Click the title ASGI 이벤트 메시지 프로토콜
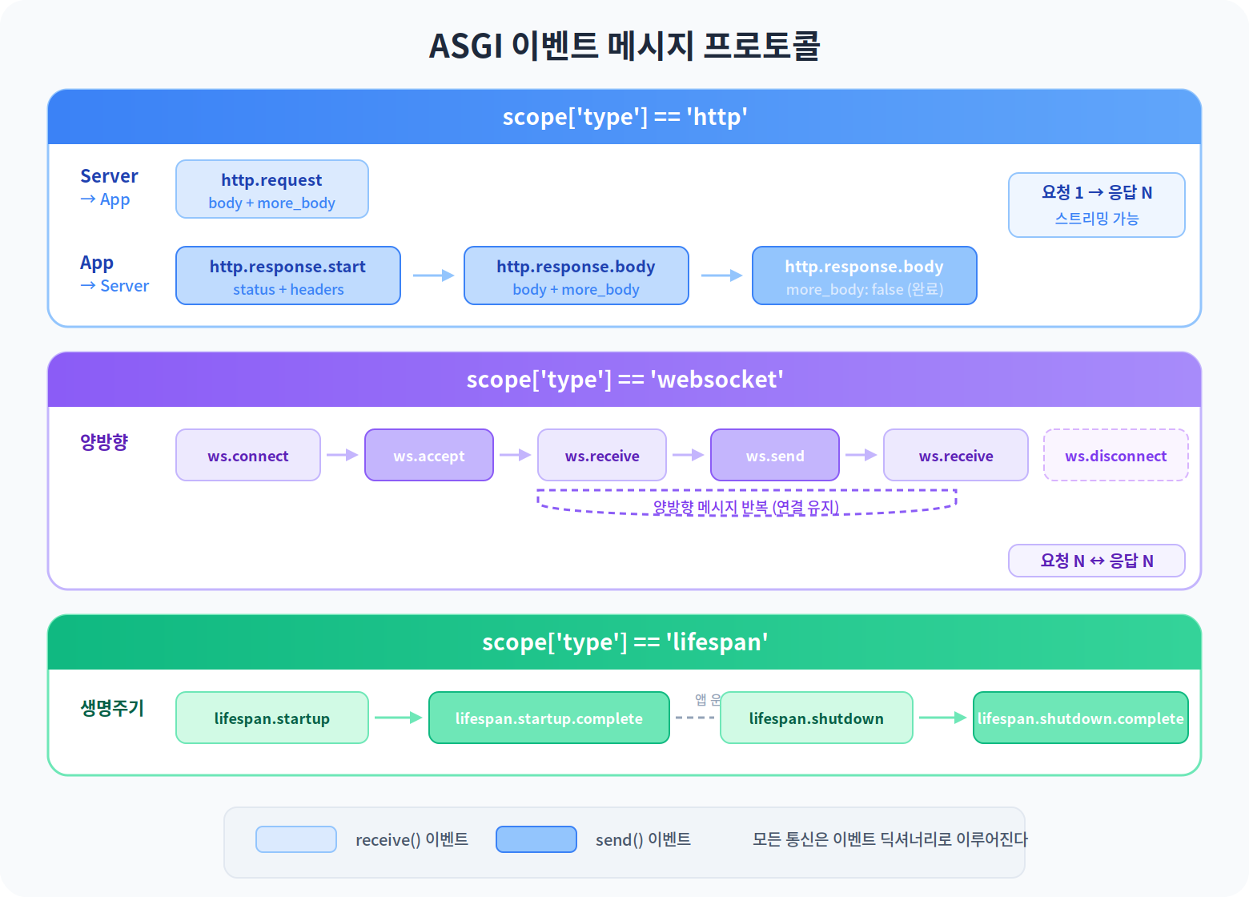tap(624, 46)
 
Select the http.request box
tap(272, 189)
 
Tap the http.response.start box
tap(288, 276)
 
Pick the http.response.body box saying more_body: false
tap(865, 276)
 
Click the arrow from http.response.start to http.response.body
tap(432, 276)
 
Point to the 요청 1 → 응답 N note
tap(1097, 205)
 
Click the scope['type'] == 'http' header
tap(624, 117)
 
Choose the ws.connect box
tap(248, 455)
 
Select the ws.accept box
tap(429, 455)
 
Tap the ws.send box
tap(775, 455)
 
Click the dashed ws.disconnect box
tap(1116, 455)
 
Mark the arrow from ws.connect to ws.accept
tap(342, 455)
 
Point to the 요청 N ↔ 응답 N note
tap(1097, 561)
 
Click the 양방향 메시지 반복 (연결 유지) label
tap(746, 507)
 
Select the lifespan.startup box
tap(272, 718)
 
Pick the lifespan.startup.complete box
tap(549, 718)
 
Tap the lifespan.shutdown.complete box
tap(1081, 718)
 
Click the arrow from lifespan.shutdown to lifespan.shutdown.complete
tap(942, 718)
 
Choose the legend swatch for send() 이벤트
tap(536, 839)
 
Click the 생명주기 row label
tap(112, 708)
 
